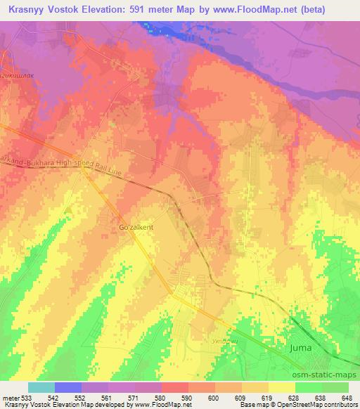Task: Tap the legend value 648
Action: coord(346,397)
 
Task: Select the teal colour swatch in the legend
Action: coord(41,387)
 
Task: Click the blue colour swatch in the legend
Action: coord(68,387)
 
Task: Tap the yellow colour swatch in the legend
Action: coord(281,387)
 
